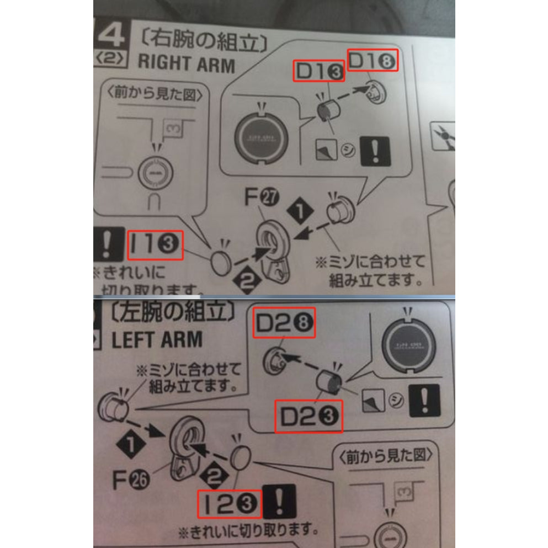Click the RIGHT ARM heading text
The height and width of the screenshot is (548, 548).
(186, 62)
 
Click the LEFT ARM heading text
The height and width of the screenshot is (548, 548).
(157, 339)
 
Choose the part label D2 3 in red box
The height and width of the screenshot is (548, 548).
(308, 416)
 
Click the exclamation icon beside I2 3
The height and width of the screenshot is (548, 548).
(280, 502)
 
